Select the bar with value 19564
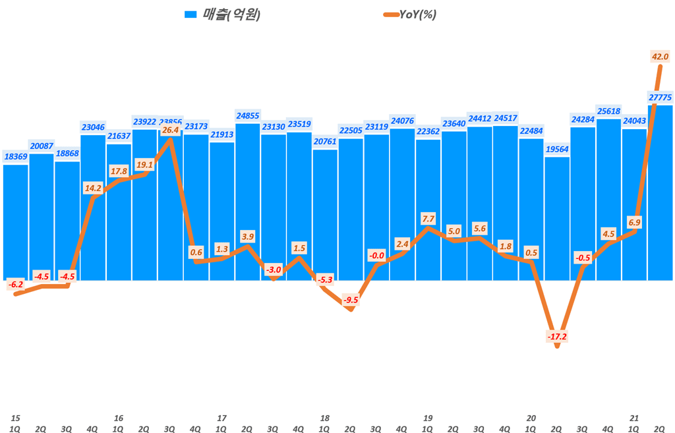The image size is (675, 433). pos(557,217)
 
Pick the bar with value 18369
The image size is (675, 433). pos(16,221)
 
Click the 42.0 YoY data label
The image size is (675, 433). pos(660,57)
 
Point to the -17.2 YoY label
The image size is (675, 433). pos(557,337)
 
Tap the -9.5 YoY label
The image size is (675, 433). pos(351,300)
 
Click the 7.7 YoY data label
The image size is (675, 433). pos(428,218)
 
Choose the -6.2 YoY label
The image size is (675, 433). pos(16,285)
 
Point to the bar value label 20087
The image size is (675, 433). pos(42,146)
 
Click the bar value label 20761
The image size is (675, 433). pos(325,141)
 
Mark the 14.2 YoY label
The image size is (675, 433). pos(93,188)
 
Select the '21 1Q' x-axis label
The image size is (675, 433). pos(634,422)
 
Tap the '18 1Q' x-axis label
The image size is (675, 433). pos(325,422)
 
